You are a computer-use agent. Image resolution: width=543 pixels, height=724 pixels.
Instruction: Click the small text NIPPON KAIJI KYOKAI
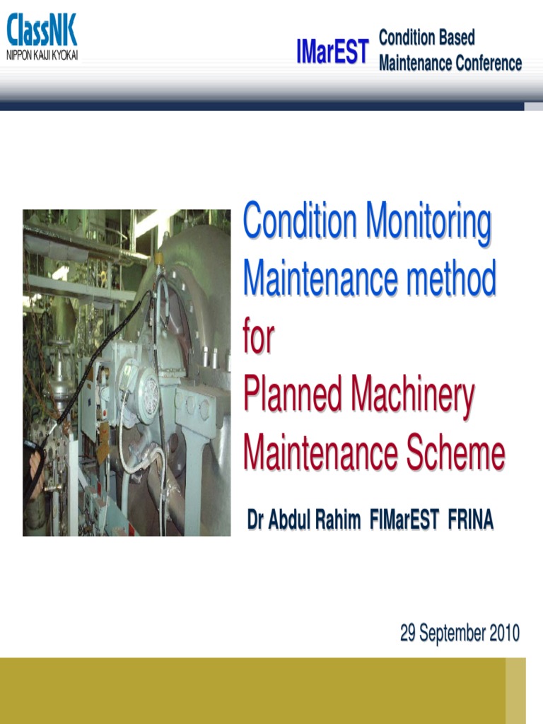[42, 54]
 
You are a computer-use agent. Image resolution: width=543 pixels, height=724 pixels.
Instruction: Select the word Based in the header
[452, 37]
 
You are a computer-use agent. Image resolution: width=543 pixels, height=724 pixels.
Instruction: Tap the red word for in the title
[258, 337]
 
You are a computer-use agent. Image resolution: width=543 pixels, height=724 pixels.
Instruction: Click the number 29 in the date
[408, 633]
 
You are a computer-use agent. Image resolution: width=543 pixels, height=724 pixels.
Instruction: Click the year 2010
[502, 633]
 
